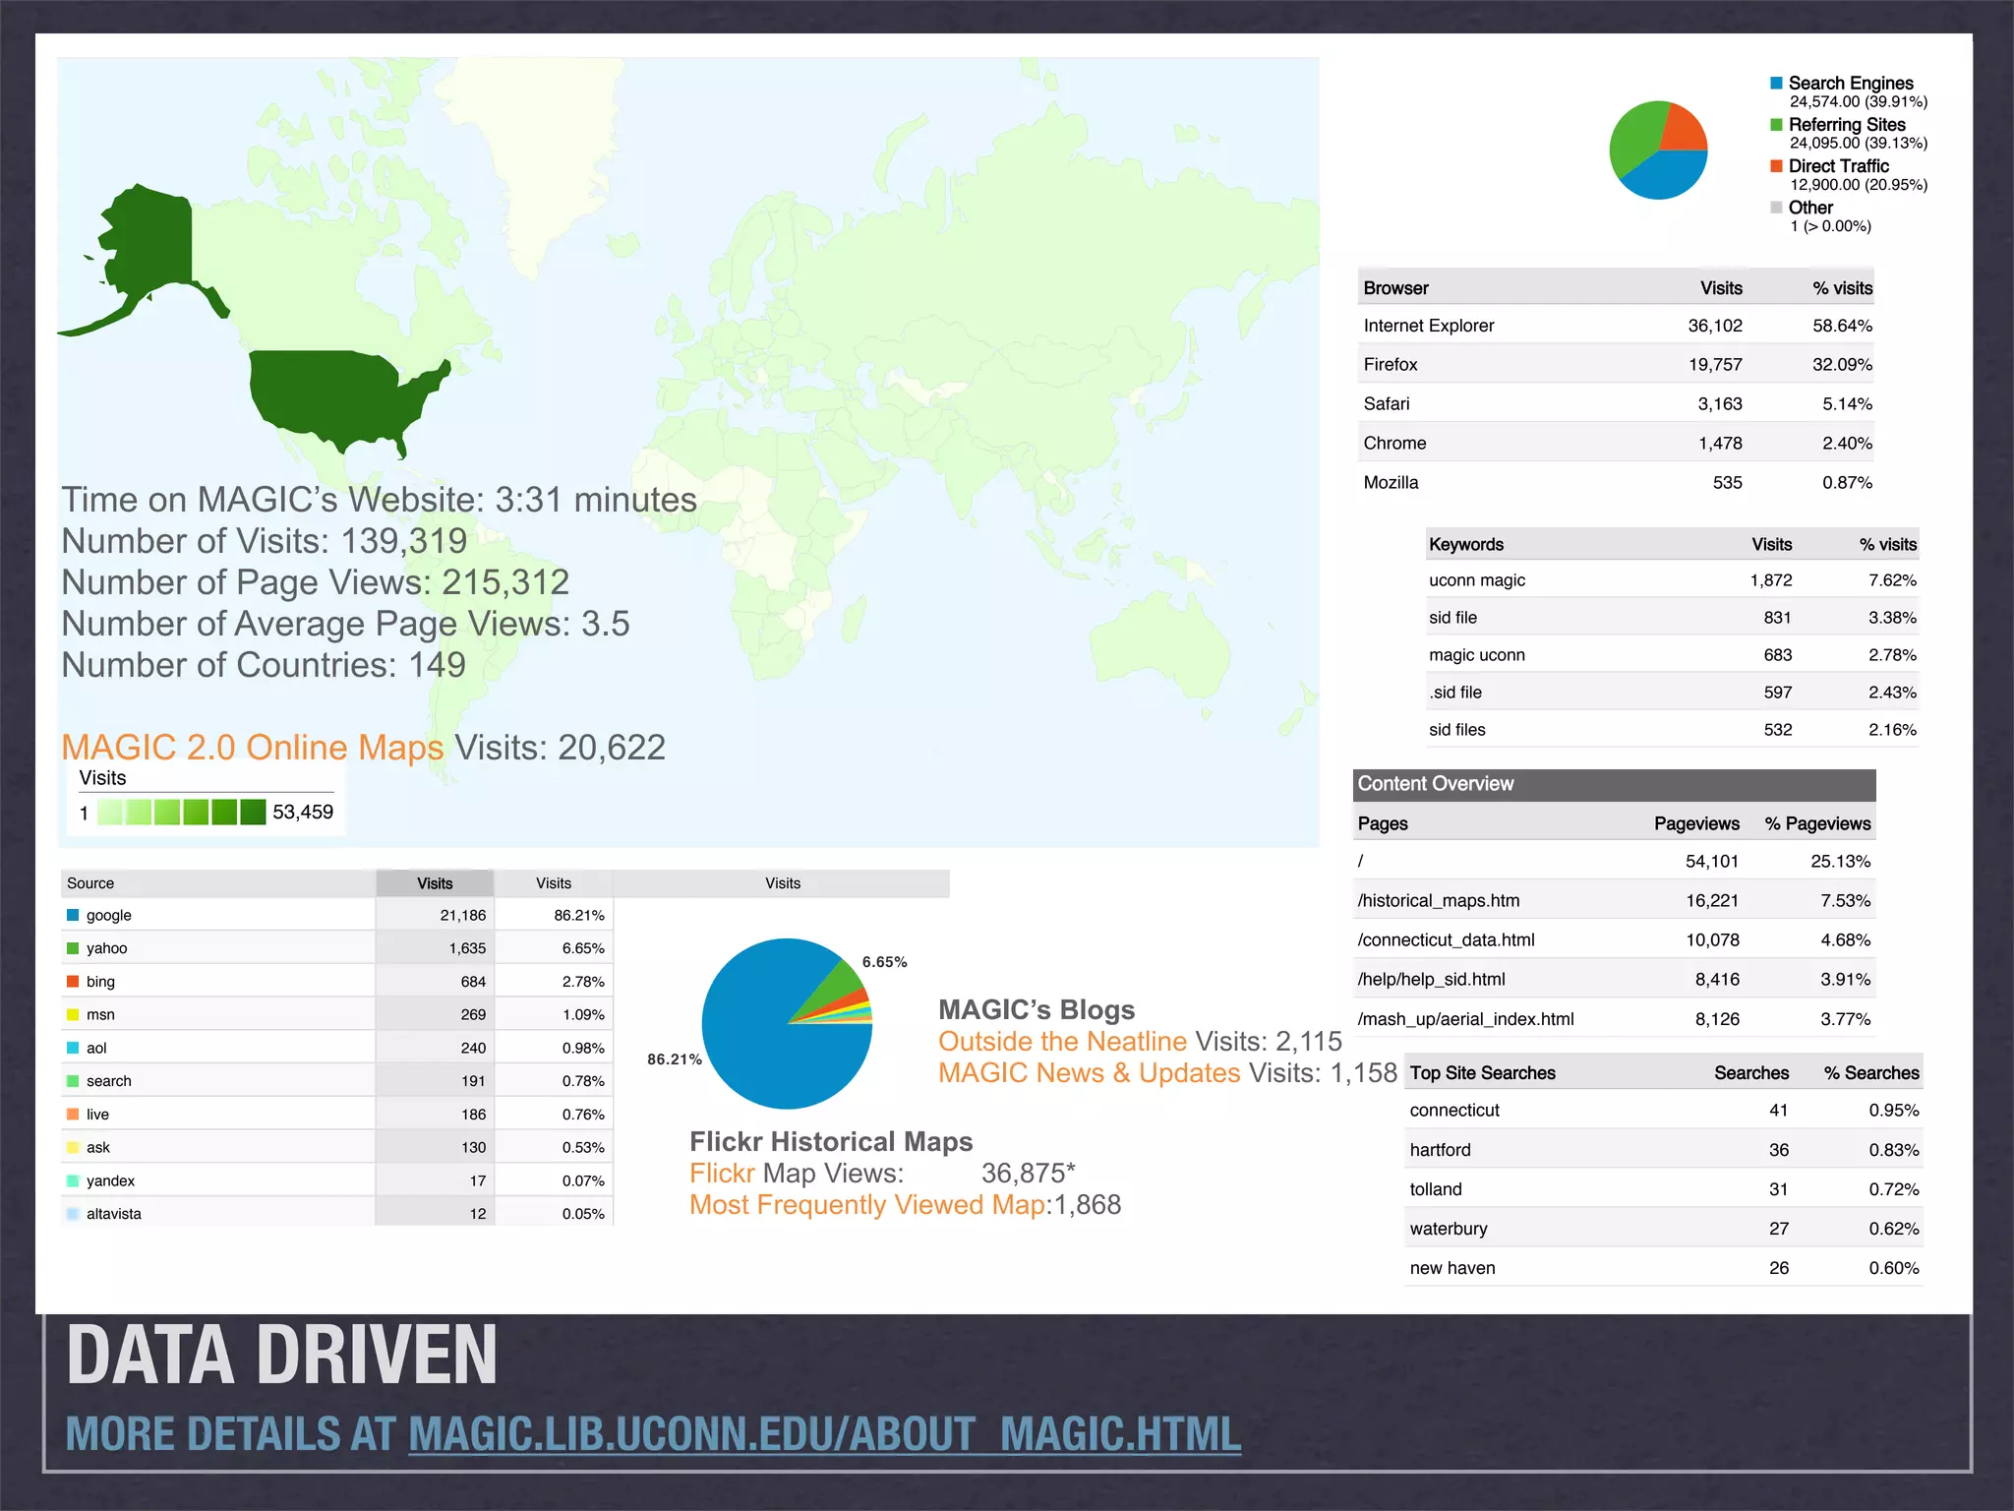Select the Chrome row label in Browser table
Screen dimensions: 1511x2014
[1394, 444]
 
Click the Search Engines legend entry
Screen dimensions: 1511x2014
[1849, 84]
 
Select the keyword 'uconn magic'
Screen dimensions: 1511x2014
[1476, 580]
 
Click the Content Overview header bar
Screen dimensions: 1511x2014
[1613, 784]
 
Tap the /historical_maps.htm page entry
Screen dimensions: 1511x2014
[1438, 901]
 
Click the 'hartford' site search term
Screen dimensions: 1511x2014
[1440, 1150]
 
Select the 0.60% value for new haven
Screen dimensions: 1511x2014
[1893, 1268]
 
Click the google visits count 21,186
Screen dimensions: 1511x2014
[462, 916]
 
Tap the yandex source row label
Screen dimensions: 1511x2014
[110, 1181]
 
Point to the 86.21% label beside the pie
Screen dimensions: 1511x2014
[674, 1059]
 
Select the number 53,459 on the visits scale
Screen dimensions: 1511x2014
[302, 813]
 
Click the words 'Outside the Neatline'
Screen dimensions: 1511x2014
[1062, 1042]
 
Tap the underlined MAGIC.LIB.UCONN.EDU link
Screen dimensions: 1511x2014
[824, 1435]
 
